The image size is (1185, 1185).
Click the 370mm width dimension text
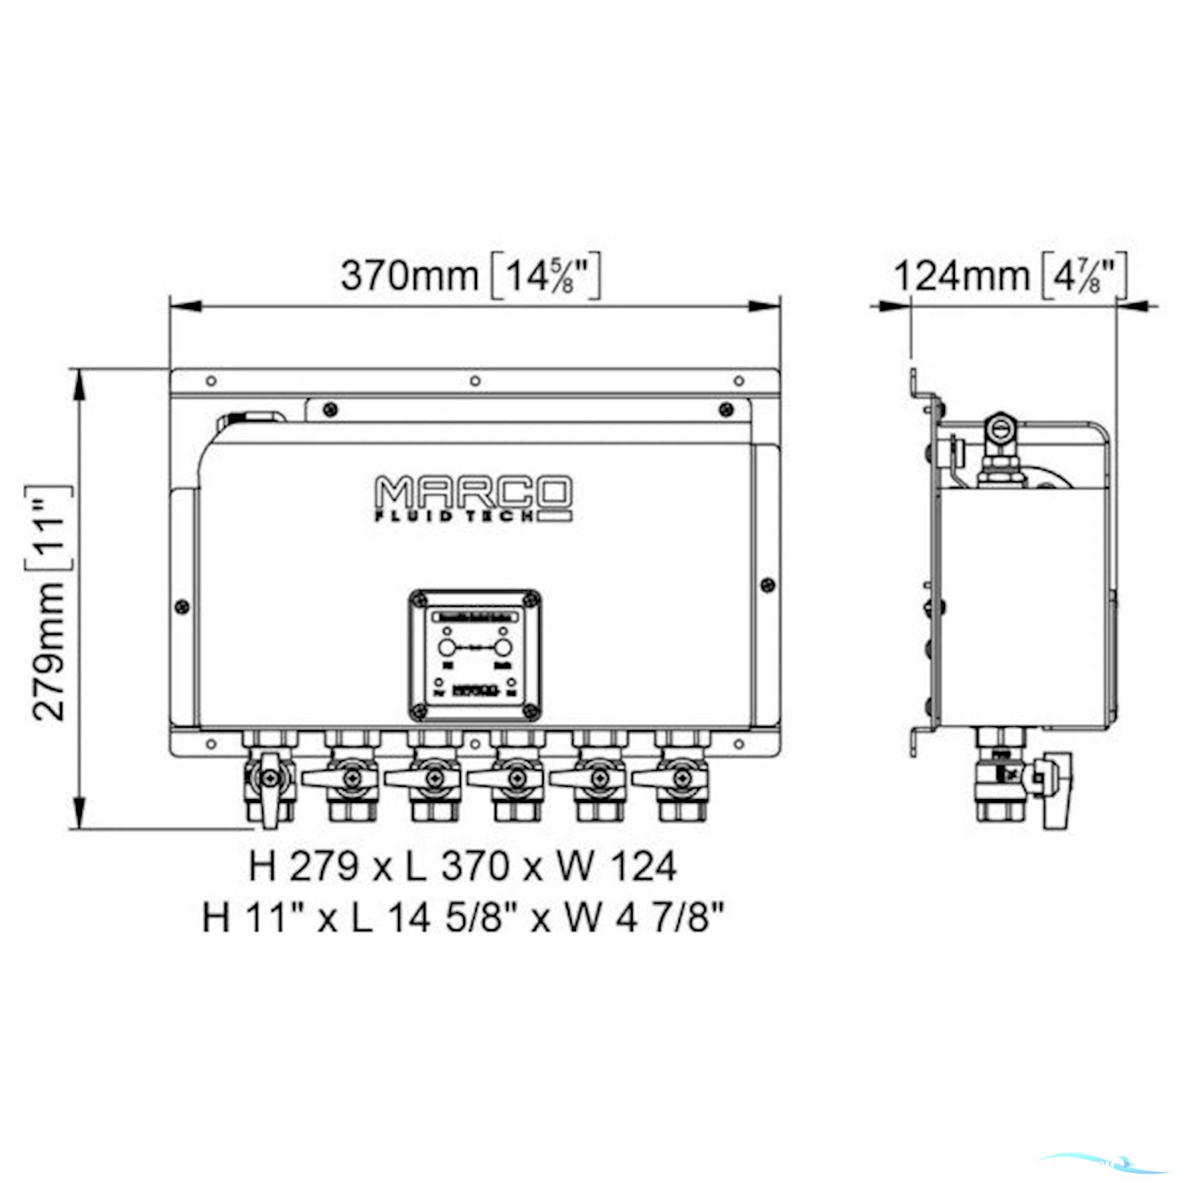(x=409, y=275)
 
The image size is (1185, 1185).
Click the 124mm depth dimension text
(x=961, y=275)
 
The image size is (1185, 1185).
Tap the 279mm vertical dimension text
(x=50, y=651)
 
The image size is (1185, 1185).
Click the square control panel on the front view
(x=475, y=655)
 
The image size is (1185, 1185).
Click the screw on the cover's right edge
(x=767, y=585)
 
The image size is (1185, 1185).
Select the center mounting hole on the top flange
(x=475, y=381)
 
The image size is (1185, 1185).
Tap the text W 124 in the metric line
(x=616, y=866)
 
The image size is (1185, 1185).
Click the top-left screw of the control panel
(x=416, y=600)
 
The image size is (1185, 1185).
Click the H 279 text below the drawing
(x=302, y=866)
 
